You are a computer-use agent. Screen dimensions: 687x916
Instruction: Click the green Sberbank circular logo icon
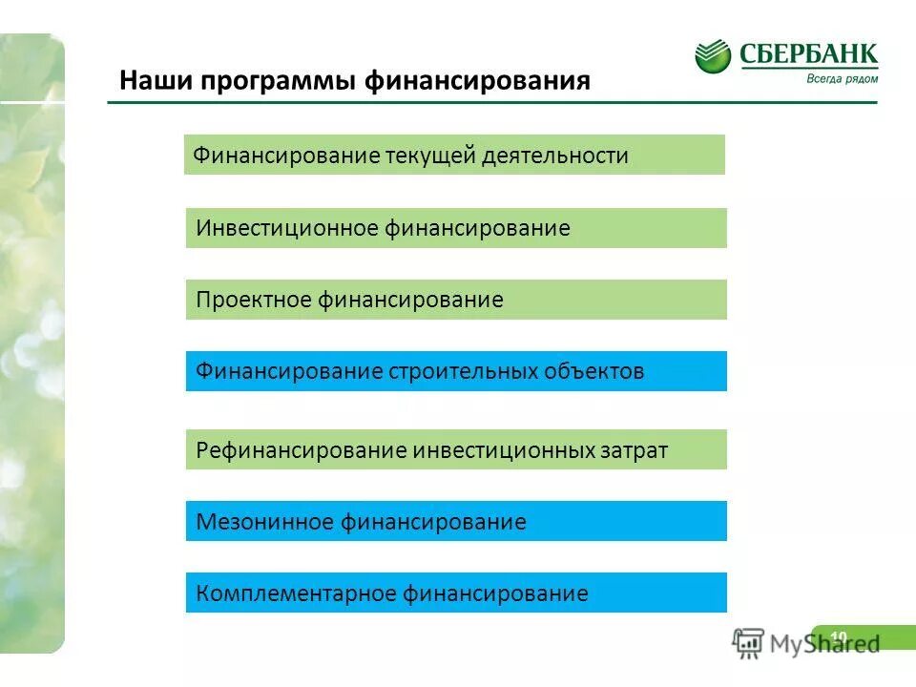click(713, 57)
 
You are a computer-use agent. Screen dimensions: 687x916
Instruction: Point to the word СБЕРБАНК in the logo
click(808, 52)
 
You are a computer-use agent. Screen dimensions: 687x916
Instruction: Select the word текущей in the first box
click(422, 156)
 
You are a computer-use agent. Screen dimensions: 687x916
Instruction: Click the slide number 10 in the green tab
click(839, 636)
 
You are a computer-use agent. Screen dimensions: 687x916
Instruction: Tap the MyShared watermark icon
click(749, 643)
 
